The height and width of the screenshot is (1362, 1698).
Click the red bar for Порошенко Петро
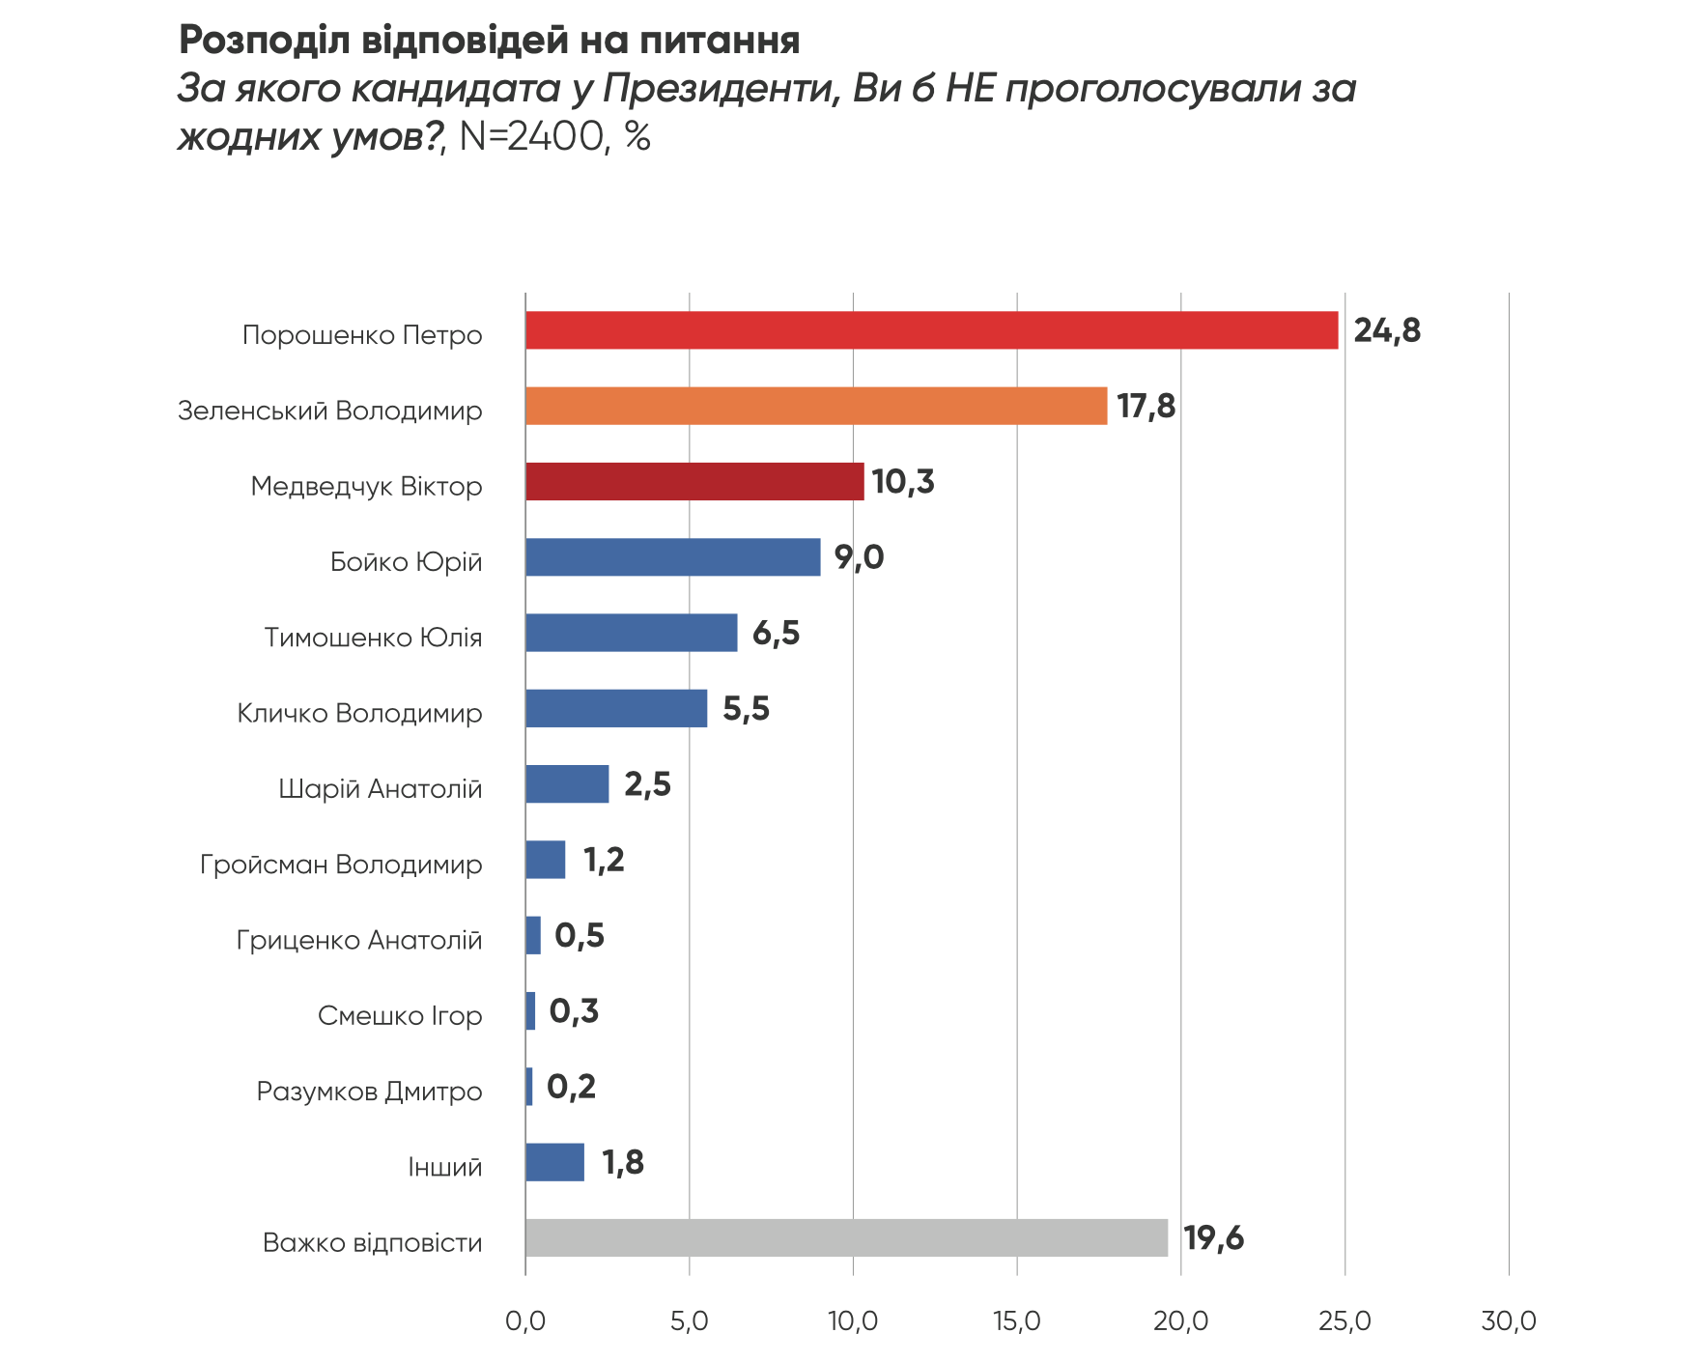pos(931,330)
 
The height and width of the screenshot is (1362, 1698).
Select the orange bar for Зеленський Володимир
pos(816,406)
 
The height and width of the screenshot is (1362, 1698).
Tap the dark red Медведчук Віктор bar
pos(694,481)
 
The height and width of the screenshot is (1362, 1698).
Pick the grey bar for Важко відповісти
pos(846,1237)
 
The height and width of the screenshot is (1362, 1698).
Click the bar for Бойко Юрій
pos(672,557)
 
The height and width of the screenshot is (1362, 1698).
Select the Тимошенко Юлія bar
pos(631,633)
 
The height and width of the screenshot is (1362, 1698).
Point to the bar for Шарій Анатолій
pos(567,783)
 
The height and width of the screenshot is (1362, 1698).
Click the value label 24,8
pos(1386,330)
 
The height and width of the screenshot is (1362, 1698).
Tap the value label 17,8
pos(1146,406)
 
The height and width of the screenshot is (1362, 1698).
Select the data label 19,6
pos(1213,1237)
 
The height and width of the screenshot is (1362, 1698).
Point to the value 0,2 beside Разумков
pos(571,1087)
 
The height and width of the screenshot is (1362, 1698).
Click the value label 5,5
pos(746,708)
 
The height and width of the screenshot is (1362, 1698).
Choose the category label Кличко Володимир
pos(359,713)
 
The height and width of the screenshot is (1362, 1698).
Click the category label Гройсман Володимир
pos(341,864)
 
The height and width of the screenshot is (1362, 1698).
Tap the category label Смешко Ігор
pos(400,1015)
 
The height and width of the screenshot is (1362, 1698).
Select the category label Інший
pos(444,1167)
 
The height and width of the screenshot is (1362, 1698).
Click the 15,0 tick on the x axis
pos(1016,1320)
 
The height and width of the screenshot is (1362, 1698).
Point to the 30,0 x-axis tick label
pos(1508,1320)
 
